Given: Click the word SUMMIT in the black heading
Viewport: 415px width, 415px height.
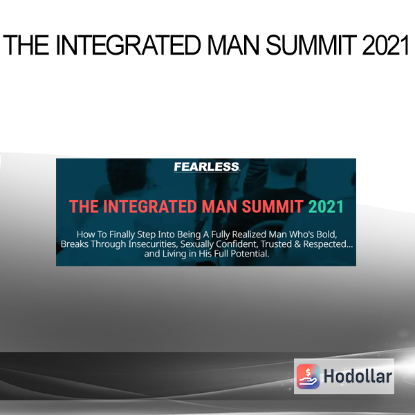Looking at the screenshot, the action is (311, 45).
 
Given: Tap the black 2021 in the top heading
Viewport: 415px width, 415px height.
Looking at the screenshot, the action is (386, 45).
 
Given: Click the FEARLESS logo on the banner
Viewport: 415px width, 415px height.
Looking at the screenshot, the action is (207, 167).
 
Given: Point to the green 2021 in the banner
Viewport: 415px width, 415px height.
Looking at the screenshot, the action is (326, 206).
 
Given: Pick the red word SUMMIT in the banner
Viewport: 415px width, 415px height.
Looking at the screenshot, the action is (273, 206).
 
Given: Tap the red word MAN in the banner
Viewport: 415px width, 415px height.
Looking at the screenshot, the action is (219, 206).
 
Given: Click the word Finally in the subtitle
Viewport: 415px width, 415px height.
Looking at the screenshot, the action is (122, 234).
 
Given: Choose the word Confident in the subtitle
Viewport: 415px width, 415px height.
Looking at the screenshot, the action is (237, 244).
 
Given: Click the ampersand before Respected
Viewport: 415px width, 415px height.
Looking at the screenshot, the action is (297, 244).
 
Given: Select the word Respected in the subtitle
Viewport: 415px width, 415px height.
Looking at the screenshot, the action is (325, 244).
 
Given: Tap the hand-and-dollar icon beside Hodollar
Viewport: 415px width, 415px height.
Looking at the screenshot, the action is (308, 376).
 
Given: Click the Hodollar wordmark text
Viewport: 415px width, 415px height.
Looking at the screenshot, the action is (358, 376).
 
